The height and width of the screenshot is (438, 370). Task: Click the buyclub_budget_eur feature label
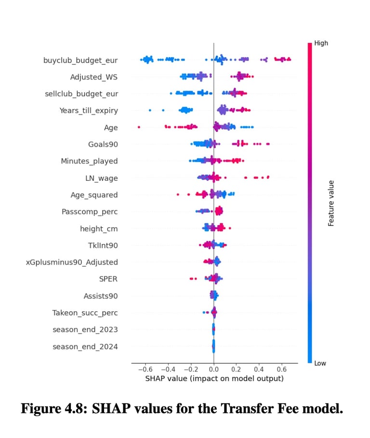coord(80,60)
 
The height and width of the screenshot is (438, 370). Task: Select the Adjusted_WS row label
coord(93,77)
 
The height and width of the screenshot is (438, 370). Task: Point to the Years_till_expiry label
coord(89,110)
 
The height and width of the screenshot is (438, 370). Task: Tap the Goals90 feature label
coord(103,144)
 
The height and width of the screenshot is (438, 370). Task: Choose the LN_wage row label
coord(101,178)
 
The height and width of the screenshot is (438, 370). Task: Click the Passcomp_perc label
coord(90,212)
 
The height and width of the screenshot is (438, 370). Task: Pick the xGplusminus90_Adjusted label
coord(72,262)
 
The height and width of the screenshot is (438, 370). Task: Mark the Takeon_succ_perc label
coord(85,313)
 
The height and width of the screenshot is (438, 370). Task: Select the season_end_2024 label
coord(85,346)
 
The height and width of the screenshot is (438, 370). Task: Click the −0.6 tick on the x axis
coord(143,370)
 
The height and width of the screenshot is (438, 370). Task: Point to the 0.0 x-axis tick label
coord(213,370)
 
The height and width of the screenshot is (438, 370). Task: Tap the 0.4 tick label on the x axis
coord(259,370)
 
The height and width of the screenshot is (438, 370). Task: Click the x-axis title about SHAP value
coord(214,379)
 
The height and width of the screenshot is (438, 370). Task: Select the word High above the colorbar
coord(321,43)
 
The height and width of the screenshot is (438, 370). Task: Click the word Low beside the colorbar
coord(320,363)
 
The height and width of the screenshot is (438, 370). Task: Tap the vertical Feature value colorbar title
coord(331,203)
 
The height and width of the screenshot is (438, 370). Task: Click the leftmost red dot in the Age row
coord(139,127)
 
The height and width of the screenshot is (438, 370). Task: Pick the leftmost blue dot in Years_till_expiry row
coord(150,110)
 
